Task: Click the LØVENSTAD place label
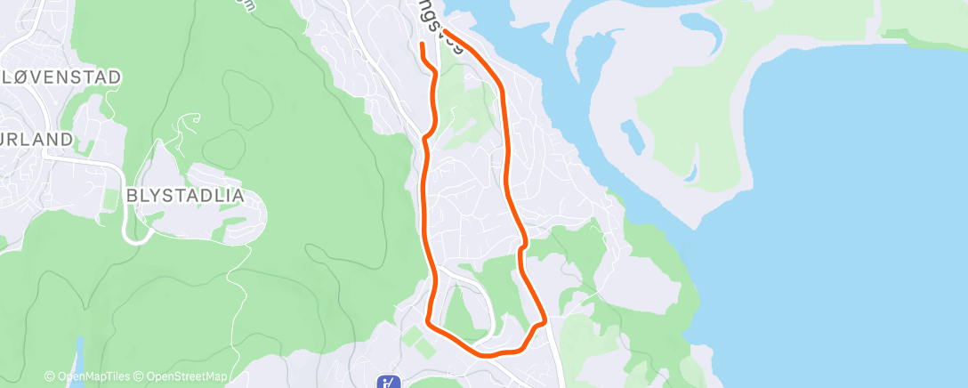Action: pyautogui.click(x=61, y=77)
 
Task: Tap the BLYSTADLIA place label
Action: pyautogui.click(x=184, y=196)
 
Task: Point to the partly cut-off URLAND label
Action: pyautogui.click(x=36, y=139)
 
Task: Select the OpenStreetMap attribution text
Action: pyautogui.click(x=182, y=376)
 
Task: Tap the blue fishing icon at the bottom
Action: pyautogui.click(x=388, y=383)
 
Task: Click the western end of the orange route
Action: pyautogui.click(x=421, y=44)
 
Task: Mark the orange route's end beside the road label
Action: pyautogui.click(x=444, y=33)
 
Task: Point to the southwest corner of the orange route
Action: pyautogui.click(x=428, y=320)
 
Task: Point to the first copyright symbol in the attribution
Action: pyautogui.click(x=50, y=376)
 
